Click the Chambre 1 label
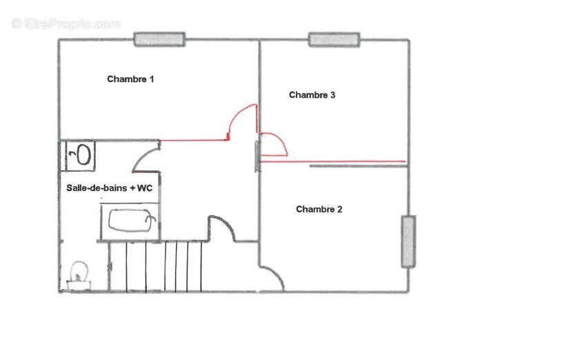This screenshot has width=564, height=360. click(x=130, y=79)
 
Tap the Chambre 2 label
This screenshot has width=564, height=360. click(x=319, y=210)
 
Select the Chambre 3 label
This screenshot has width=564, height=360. click(x=312, y=95)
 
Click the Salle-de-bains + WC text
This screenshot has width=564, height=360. click(x=110, y=188)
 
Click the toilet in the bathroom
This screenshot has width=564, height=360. click(x=79, y=275)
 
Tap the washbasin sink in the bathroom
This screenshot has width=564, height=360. click(x=81, y=155)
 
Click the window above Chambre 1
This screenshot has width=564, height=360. click(x=160, y=39)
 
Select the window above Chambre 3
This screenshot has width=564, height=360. click(x=334, y=39)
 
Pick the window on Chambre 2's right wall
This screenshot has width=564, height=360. click(x=409, y=241)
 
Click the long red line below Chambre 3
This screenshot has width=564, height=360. click(x=333, y=161)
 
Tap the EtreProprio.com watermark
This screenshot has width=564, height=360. click(x=66, y=24)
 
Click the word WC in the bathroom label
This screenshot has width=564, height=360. click(x=145, y=188)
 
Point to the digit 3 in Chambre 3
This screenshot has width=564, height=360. click(x=333, y=95)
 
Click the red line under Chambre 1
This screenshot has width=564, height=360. click(x=194, y=140)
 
